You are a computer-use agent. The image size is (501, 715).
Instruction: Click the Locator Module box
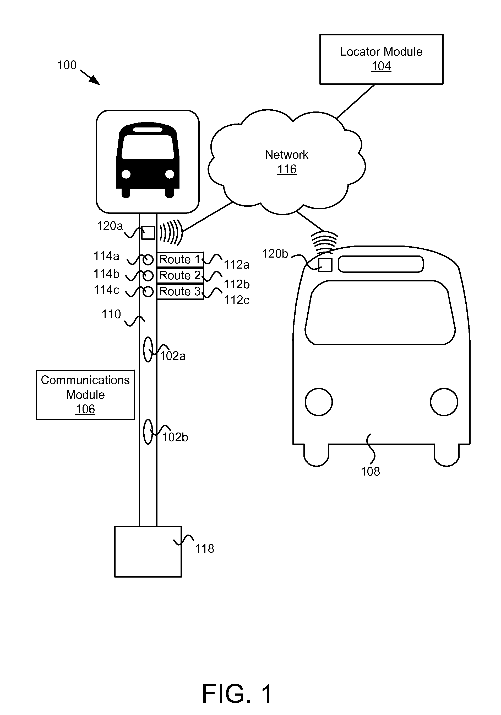(381, 59)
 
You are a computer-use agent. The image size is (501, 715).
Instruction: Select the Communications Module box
(85, 395)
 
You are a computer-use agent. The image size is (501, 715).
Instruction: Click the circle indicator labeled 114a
(148, 259)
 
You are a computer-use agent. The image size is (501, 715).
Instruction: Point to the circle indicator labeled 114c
(148, 291)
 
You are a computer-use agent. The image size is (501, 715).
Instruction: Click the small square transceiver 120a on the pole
(148, 233)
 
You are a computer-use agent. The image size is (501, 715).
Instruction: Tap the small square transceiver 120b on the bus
(325, 265)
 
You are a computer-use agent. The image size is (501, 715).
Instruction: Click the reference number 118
(204, 548)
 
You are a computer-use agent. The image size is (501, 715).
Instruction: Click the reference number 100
(67, 65)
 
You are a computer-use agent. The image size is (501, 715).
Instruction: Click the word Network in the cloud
(287, 154)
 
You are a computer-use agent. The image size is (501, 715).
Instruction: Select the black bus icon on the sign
(148, 160)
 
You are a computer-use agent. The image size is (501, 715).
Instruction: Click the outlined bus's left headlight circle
(319, 402)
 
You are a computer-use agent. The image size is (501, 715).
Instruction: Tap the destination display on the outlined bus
(380, 264)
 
